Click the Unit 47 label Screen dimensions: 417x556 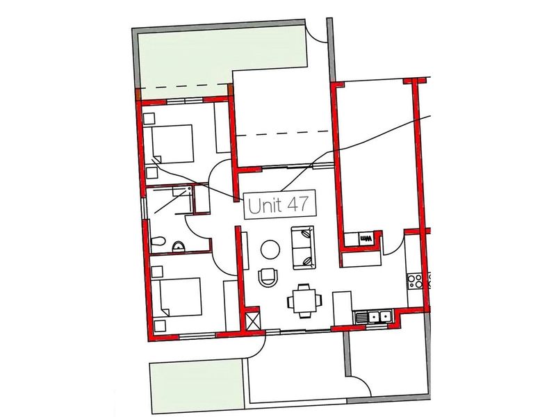(279, 206)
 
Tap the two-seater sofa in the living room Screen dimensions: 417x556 (303, 247)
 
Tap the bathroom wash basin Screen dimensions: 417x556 (179, 244)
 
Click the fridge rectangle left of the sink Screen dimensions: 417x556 (343, 306)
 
